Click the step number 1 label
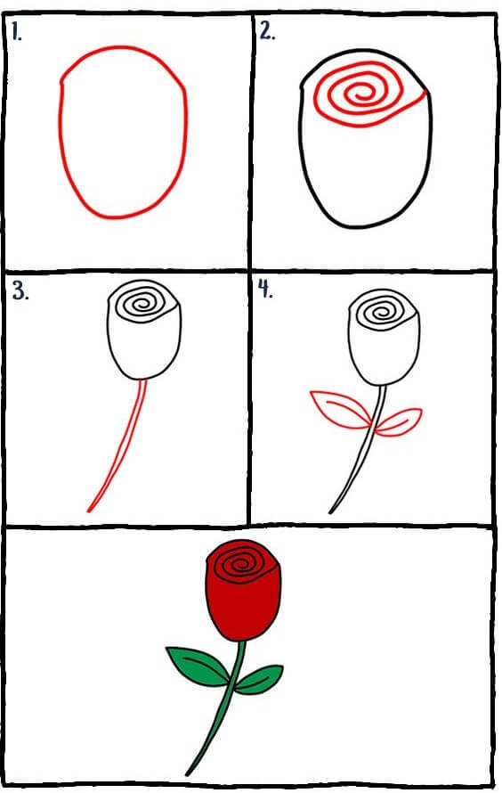click(x=17, y=32)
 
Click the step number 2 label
click(x=267, y=32)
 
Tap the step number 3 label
click(x=20, y=291)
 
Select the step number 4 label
click(x=265, y=289)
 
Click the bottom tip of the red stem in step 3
click(x=88, y=511)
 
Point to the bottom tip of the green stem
click(x=188, y=774)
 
